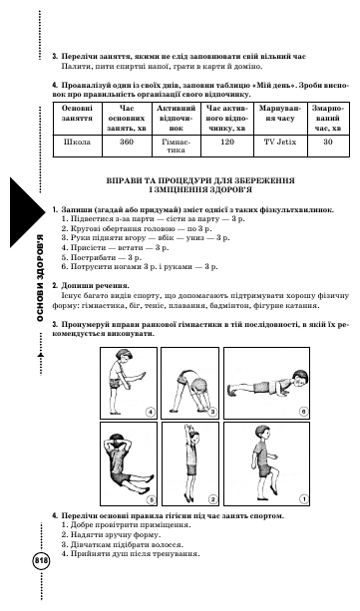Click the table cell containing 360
click(128, 147)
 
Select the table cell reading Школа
click(77, 147)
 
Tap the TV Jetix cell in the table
click(280, 147)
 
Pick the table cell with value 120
click(227, 147)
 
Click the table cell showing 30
click(328, 147)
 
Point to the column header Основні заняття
click(77, 113)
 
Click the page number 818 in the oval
click(41, 561)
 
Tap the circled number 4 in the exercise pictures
click(151, 412)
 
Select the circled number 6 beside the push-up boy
click(303, 412)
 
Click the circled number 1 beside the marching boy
click(303, 498)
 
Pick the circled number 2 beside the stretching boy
click(212, 499)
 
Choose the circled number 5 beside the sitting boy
click(151, 499)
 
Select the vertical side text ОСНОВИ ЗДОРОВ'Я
click(40, 278)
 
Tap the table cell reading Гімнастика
click(177, 147)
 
